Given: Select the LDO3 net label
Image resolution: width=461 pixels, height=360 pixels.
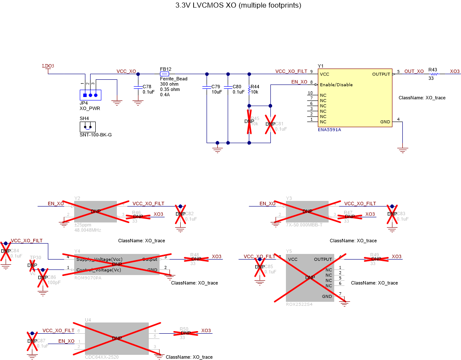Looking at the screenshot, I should pos(48,66).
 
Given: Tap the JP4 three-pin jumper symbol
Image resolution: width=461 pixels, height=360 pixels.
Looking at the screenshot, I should pos(91,94).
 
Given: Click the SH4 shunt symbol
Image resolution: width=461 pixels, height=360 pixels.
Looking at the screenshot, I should pos(88,127).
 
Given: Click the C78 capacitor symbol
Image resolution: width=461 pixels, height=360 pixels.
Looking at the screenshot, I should pos(138,87).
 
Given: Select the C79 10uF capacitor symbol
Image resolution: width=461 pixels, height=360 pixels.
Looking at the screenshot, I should pos(207,87).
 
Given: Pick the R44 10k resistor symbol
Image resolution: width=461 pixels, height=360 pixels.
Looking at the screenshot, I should pos(249,90).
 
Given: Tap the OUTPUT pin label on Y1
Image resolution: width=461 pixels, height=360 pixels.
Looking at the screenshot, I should pos(381,74).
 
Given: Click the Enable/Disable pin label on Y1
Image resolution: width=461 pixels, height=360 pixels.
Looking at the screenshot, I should pos(336,85).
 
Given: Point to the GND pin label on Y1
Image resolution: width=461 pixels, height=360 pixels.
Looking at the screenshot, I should pos(385,122).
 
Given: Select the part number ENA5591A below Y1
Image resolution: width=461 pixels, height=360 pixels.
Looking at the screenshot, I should pos(329,129).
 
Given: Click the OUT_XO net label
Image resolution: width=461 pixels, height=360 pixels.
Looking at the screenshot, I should pos(414,71).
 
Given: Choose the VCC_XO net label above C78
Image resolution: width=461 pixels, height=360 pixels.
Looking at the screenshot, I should pos(126,71).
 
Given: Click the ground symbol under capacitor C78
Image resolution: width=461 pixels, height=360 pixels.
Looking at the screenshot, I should pos(138,103).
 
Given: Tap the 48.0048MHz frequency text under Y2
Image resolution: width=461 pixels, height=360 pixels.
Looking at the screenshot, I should pos(88,230).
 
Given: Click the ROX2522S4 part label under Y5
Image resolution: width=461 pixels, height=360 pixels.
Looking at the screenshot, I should pos(299,304).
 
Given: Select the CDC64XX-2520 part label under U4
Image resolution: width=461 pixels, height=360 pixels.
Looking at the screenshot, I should pos(101,357).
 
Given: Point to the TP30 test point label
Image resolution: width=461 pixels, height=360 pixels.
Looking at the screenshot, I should pos(35,257).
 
